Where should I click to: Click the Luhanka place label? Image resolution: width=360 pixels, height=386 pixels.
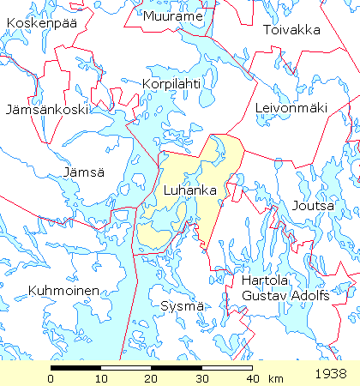[189, 190]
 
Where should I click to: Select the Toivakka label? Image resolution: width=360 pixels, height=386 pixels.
[291, 30]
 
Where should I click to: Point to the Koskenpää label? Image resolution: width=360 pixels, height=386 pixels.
[40, 23]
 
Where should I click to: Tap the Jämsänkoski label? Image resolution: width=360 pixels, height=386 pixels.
[43, 111]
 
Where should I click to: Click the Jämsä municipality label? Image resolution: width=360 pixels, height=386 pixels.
[82, 172]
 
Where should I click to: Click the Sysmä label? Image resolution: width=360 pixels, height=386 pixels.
[180, 305]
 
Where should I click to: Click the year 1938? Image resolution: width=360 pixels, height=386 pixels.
[330, 375]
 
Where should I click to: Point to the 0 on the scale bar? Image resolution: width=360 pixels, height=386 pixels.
[51, 378]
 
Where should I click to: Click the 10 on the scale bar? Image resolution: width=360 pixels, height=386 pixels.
[101, 378]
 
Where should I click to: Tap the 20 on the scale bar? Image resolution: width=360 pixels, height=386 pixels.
[152, 378]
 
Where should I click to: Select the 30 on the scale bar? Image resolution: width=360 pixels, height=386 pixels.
[201, 378]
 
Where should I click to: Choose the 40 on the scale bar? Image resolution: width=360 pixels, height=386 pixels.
[252, 378]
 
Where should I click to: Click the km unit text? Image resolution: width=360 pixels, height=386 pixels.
[275, 378]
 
